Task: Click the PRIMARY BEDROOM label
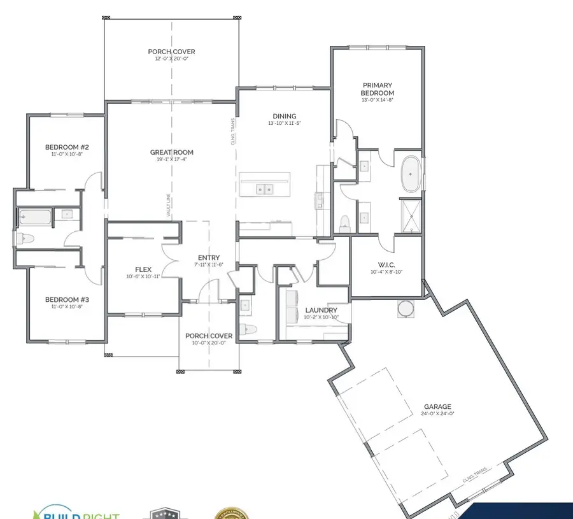[x=378, y=89]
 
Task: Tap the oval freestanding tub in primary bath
[x=411, y=173]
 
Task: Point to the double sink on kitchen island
[x=265, y=189]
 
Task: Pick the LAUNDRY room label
[x=320, y=310]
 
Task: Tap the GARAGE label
[x=437, y=406]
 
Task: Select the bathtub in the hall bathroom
[x=34, y=217]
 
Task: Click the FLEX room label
[x=142, y=269]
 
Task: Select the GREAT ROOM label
[x=171, y=152]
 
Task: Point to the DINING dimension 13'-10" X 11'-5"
[x=285, y=123]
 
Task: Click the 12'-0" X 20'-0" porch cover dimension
[x=171, y=59]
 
